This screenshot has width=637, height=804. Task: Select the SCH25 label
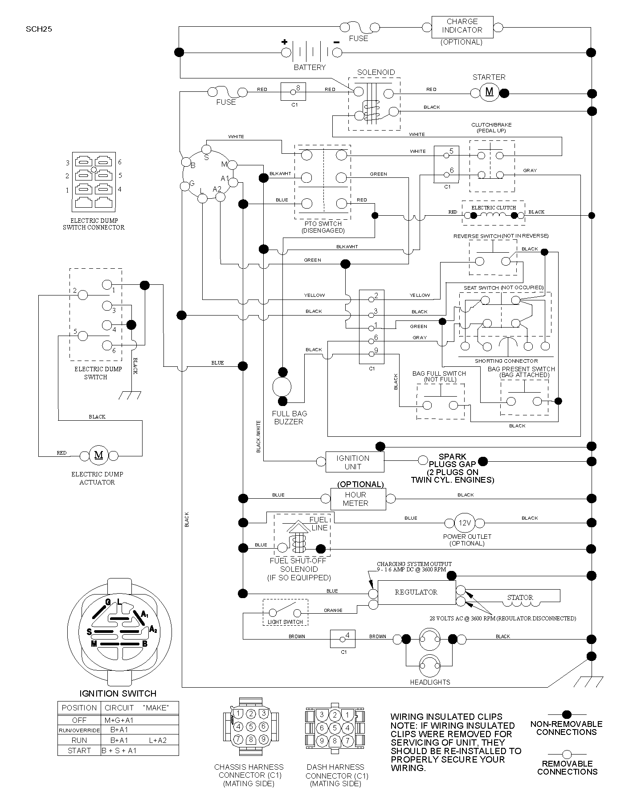[39, 30]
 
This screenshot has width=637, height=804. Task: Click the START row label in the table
[79, 751]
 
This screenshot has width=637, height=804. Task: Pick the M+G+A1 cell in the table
[119, 720]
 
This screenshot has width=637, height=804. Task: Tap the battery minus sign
[336, 42]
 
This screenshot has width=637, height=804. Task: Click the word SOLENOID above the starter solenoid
[376, 72]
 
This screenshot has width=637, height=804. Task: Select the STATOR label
[520, 597]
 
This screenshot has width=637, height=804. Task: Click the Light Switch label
[285, 622]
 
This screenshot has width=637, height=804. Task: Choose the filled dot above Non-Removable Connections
[567, 714]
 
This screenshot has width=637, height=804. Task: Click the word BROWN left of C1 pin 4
[297, 636]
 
